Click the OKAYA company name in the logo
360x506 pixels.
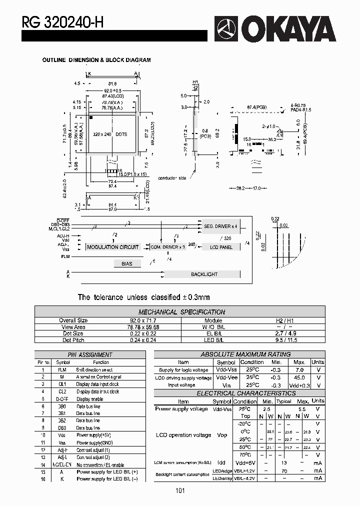pyautogui.click(x=292, y=29)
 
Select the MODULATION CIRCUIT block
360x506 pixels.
pyautogui.click(x=113, y=247)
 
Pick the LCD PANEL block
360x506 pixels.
pyautogui.click(x=221, y=247)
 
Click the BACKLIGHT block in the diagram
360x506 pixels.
pyautogui.click(x=204, y=274)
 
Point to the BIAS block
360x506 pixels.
pyautogui.click(x=127, y=263)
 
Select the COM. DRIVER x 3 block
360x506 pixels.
pyautogui.click(x=168, y=247)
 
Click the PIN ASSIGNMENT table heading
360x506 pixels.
pyautogui.click(x=90, y=354)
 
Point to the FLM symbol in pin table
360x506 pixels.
pyautogui.click(x=62, y=370)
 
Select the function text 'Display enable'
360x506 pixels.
pyautogui.click(x=90, y=399)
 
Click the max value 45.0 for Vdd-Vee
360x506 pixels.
pyautogui.click(x=299, y=377)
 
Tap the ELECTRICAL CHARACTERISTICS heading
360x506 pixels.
pyautogui.click(x=239, y=393)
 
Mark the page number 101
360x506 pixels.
pyautogui.click(x=180, y=490)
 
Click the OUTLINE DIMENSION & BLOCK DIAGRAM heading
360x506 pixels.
pyautogui.click(x=96, y=60)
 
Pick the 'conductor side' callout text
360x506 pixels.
pyautogui.click(x=172, y=178)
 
